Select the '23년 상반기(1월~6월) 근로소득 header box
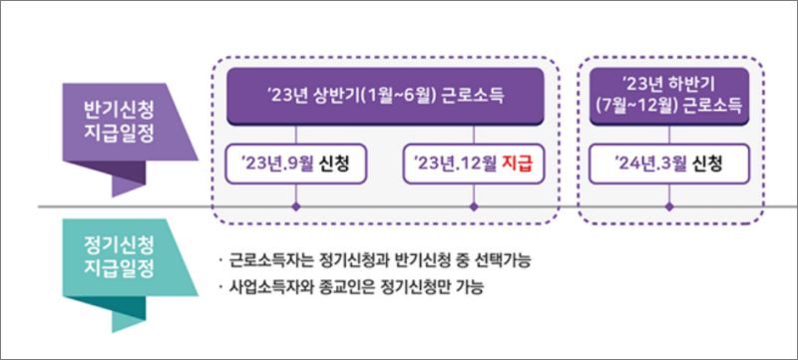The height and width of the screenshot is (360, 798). [x=385, y=96]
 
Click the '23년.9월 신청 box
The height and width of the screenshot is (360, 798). [x=296, y=163]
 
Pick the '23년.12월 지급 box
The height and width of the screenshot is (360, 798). [x=474, y=163]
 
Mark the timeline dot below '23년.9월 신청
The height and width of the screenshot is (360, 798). [x=296, y=207]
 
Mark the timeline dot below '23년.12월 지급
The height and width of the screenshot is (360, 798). [x=474, y=207]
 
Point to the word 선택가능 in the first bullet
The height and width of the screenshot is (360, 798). [x=499, y=261]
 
